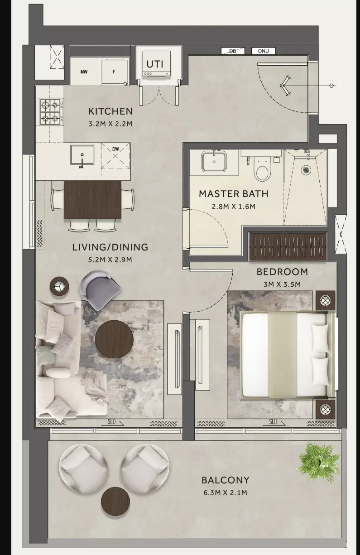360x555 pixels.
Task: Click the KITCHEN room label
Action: coord(110,111)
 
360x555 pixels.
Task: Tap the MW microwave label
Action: coord(84,72)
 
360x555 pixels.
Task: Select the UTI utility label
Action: coord(155,64)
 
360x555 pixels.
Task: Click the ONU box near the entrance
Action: coord(263,51)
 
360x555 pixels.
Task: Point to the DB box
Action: coord(233,51)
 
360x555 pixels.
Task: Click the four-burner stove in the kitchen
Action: coord(51,111)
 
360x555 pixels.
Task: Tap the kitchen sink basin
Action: coord(82,155)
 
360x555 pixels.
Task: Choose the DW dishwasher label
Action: coord(115,149)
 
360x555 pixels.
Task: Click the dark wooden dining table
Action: coord(92,199)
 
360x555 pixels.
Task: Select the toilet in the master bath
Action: coord(262,169)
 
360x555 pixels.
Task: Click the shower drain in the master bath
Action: coord(306,170)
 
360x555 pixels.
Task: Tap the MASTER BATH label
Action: coord(234,194)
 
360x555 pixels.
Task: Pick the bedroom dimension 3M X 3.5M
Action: coord(282,284)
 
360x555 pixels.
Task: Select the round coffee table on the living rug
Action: coord(115,339)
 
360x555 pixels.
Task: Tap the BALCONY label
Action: coord(226,480)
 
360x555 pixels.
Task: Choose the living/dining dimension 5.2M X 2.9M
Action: coord(110,260)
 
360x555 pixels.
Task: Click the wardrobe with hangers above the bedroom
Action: coord(288,246)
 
